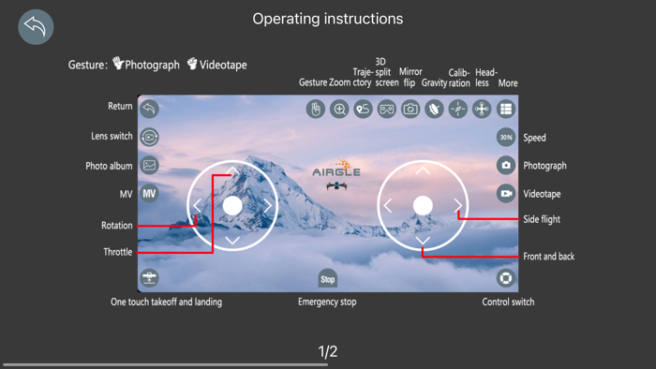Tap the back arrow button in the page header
36,27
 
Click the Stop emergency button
328,279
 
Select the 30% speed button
506,137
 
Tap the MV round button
149,194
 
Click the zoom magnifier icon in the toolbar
339,109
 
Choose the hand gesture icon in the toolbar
316,109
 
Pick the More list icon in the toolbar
506,109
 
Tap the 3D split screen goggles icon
386,109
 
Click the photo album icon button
149,165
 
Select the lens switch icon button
149,137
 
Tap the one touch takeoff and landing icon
149,277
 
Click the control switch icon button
506,278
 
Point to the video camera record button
506,194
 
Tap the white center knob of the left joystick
232,206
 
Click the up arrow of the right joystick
423,170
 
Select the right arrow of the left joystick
268,206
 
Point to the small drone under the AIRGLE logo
336,185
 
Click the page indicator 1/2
328,351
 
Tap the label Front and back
548,257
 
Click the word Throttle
117,252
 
